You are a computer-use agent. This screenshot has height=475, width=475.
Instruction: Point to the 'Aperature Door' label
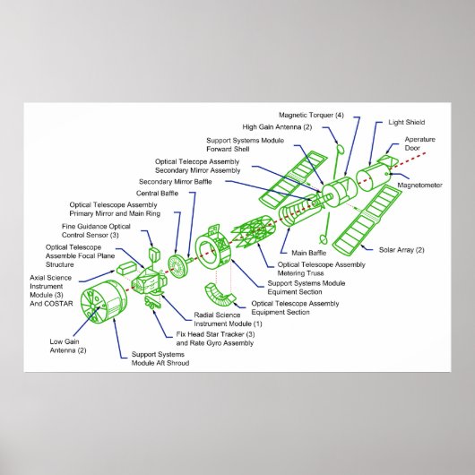[419, 144]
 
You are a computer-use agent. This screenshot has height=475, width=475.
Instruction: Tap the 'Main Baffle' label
[303, 252]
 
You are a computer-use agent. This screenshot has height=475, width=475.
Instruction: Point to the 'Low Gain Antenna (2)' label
[69, 345]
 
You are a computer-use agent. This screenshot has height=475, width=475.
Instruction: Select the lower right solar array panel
[365, 219]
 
